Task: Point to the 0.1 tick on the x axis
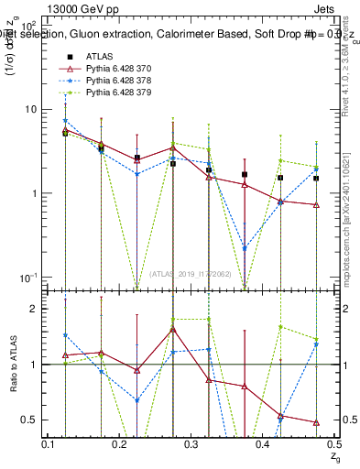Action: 50,443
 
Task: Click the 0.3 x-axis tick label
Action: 192,443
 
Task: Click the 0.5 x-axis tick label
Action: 333,443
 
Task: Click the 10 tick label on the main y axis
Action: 30,109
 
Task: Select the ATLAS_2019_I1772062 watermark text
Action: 190,274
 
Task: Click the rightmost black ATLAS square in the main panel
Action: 316,179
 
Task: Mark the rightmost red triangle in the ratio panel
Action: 316,422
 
